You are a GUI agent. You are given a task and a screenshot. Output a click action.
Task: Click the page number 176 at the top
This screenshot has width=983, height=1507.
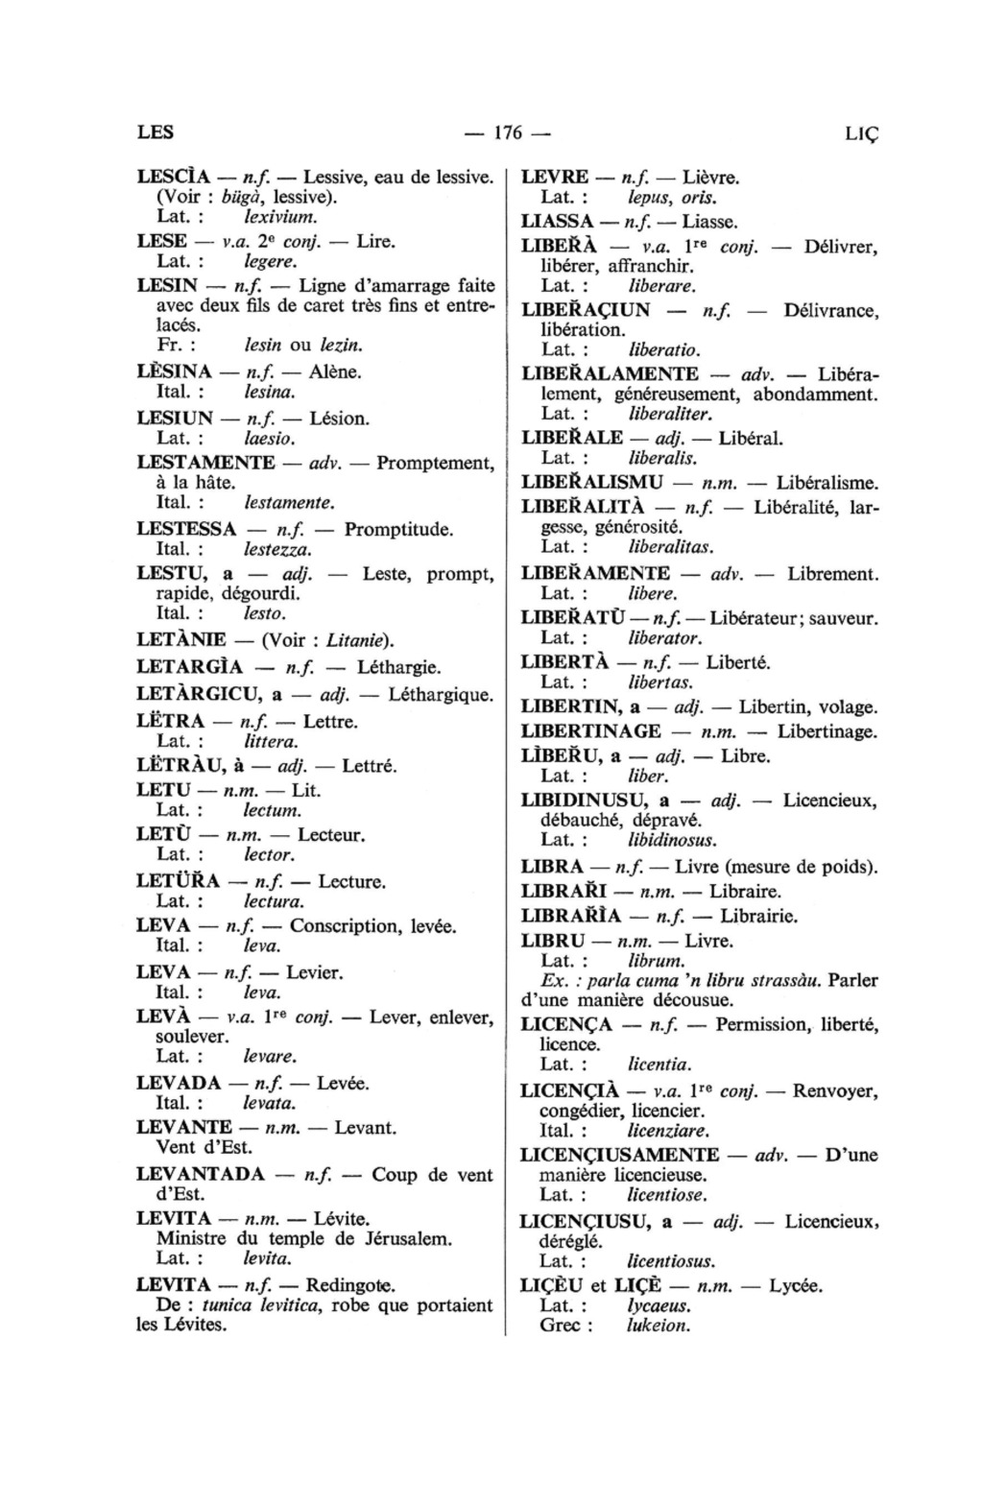coord(509,132)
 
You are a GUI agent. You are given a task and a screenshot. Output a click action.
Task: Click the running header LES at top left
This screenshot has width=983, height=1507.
coord(156,132)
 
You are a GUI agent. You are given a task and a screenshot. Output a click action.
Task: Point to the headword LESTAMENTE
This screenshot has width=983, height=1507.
coord(206,463)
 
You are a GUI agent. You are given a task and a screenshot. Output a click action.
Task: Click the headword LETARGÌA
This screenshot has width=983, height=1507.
coord(189,666)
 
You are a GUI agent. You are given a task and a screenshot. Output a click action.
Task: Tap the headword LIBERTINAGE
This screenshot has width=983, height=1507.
coord(590,731)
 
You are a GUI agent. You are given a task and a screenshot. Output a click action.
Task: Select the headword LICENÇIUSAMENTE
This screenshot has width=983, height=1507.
coord(619,1155)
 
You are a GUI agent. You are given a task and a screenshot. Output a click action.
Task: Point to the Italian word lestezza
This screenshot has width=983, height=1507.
coord(277,551)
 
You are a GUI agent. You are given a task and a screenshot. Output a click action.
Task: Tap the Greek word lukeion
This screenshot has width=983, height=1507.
coord(658,1326)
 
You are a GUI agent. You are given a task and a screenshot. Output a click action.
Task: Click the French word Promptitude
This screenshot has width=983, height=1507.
coord(399,529)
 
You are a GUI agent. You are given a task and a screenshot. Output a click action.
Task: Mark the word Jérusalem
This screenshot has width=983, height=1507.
coord(396,1238)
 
